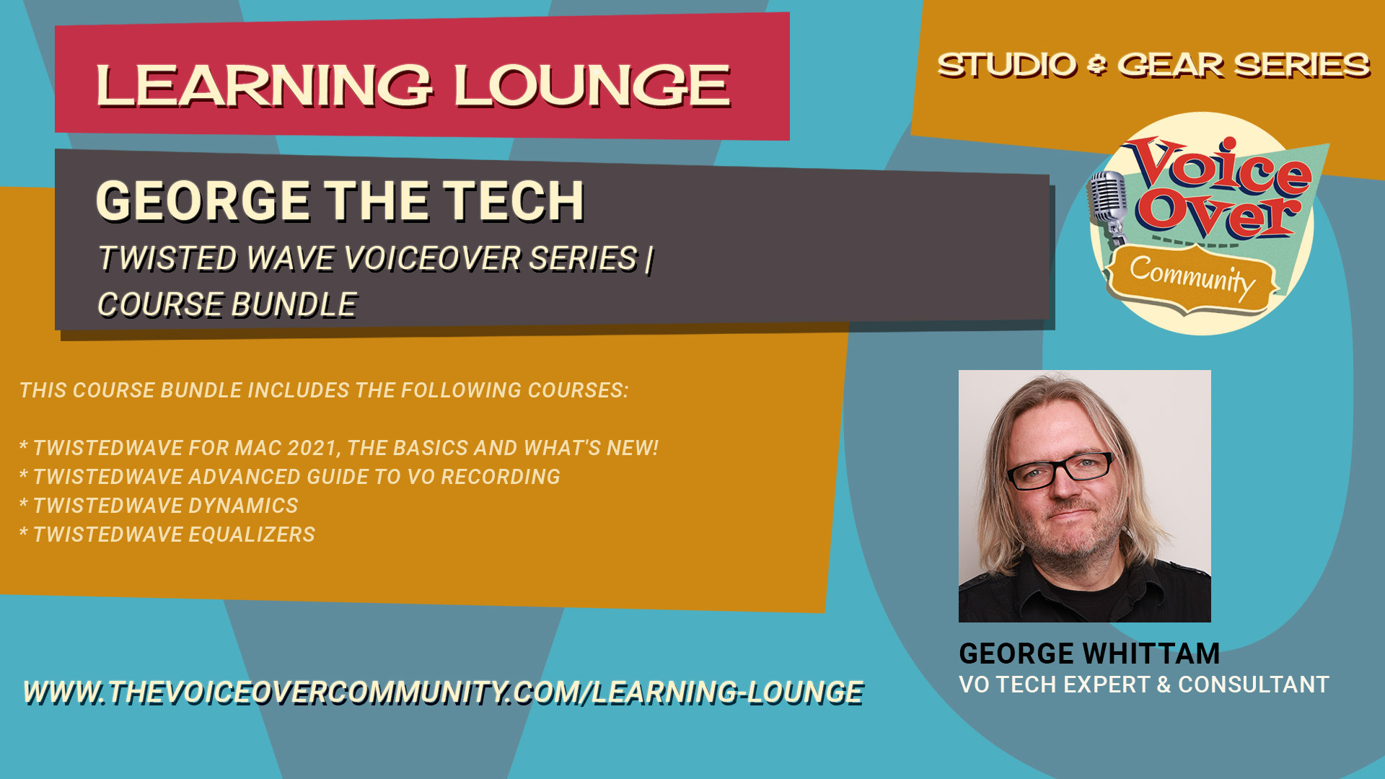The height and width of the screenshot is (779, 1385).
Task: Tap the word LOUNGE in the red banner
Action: (592, 85)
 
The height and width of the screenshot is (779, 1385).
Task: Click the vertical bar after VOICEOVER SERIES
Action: (649, 259)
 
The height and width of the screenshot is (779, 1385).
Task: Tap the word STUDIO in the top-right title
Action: (1007, 65)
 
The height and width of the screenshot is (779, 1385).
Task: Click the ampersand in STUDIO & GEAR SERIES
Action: (1097, 66)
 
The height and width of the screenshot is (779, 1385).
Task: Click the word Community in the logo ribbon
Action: (1192, 278)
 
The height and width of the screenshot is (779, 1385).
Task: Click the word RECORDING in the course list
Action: (501, 477)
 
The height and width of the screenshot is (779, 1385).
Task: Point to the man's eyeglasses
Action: (1060, 471)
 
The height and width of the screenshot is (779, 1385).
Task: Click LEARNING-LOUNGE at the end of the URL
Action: (727, 692)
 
